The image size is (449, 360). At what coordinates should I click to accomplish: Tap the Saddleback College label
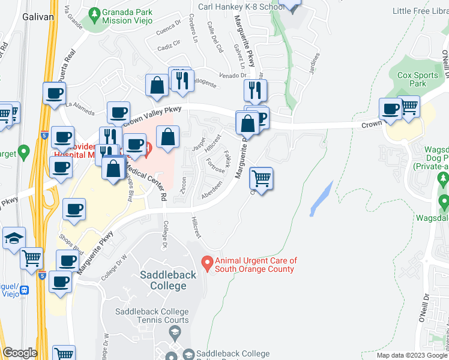[163, 280]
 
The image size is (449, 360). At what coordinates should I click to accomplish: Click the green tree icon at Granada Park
[93, 13]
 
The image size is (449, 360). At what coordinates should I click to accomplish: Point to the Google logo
[20, 353]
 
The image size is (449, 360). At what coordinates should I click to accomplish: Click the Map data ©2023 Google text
[411, 355]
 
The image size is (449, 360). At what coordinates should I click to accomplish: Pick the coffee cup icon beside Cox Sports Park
[391, 109]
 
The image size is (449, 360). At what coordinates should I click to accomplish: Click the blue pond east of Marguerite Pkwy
[321, 199]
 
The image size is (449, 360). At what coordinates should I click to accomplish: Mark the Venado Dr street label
[234, 75]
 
